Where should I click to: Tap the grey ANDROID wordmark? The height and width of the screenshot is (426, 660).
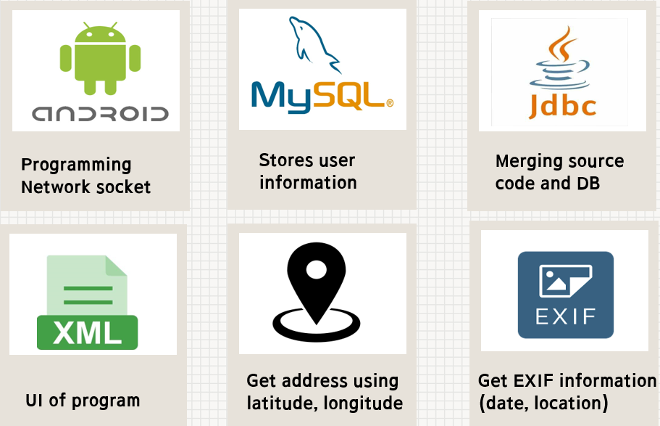[100, 113]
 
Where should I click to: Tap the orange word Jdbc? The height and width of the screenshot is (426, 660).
[563, 106]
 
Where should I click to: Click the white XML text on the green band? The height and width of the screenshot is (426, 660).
[88, 333]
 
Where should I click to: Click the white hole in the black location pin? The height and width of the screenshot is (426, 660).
[317, 271]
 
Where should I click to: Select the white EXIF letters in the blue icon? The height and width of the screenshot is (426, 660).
[565, 316]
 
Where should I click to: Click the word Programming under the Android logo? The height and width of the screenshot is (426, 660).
[76, 165]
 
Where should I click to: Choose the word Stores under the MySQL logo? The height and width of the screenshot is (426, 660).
[282, 160]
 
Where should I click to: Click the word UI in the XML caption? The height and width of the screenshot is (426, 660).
[33, 400]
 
